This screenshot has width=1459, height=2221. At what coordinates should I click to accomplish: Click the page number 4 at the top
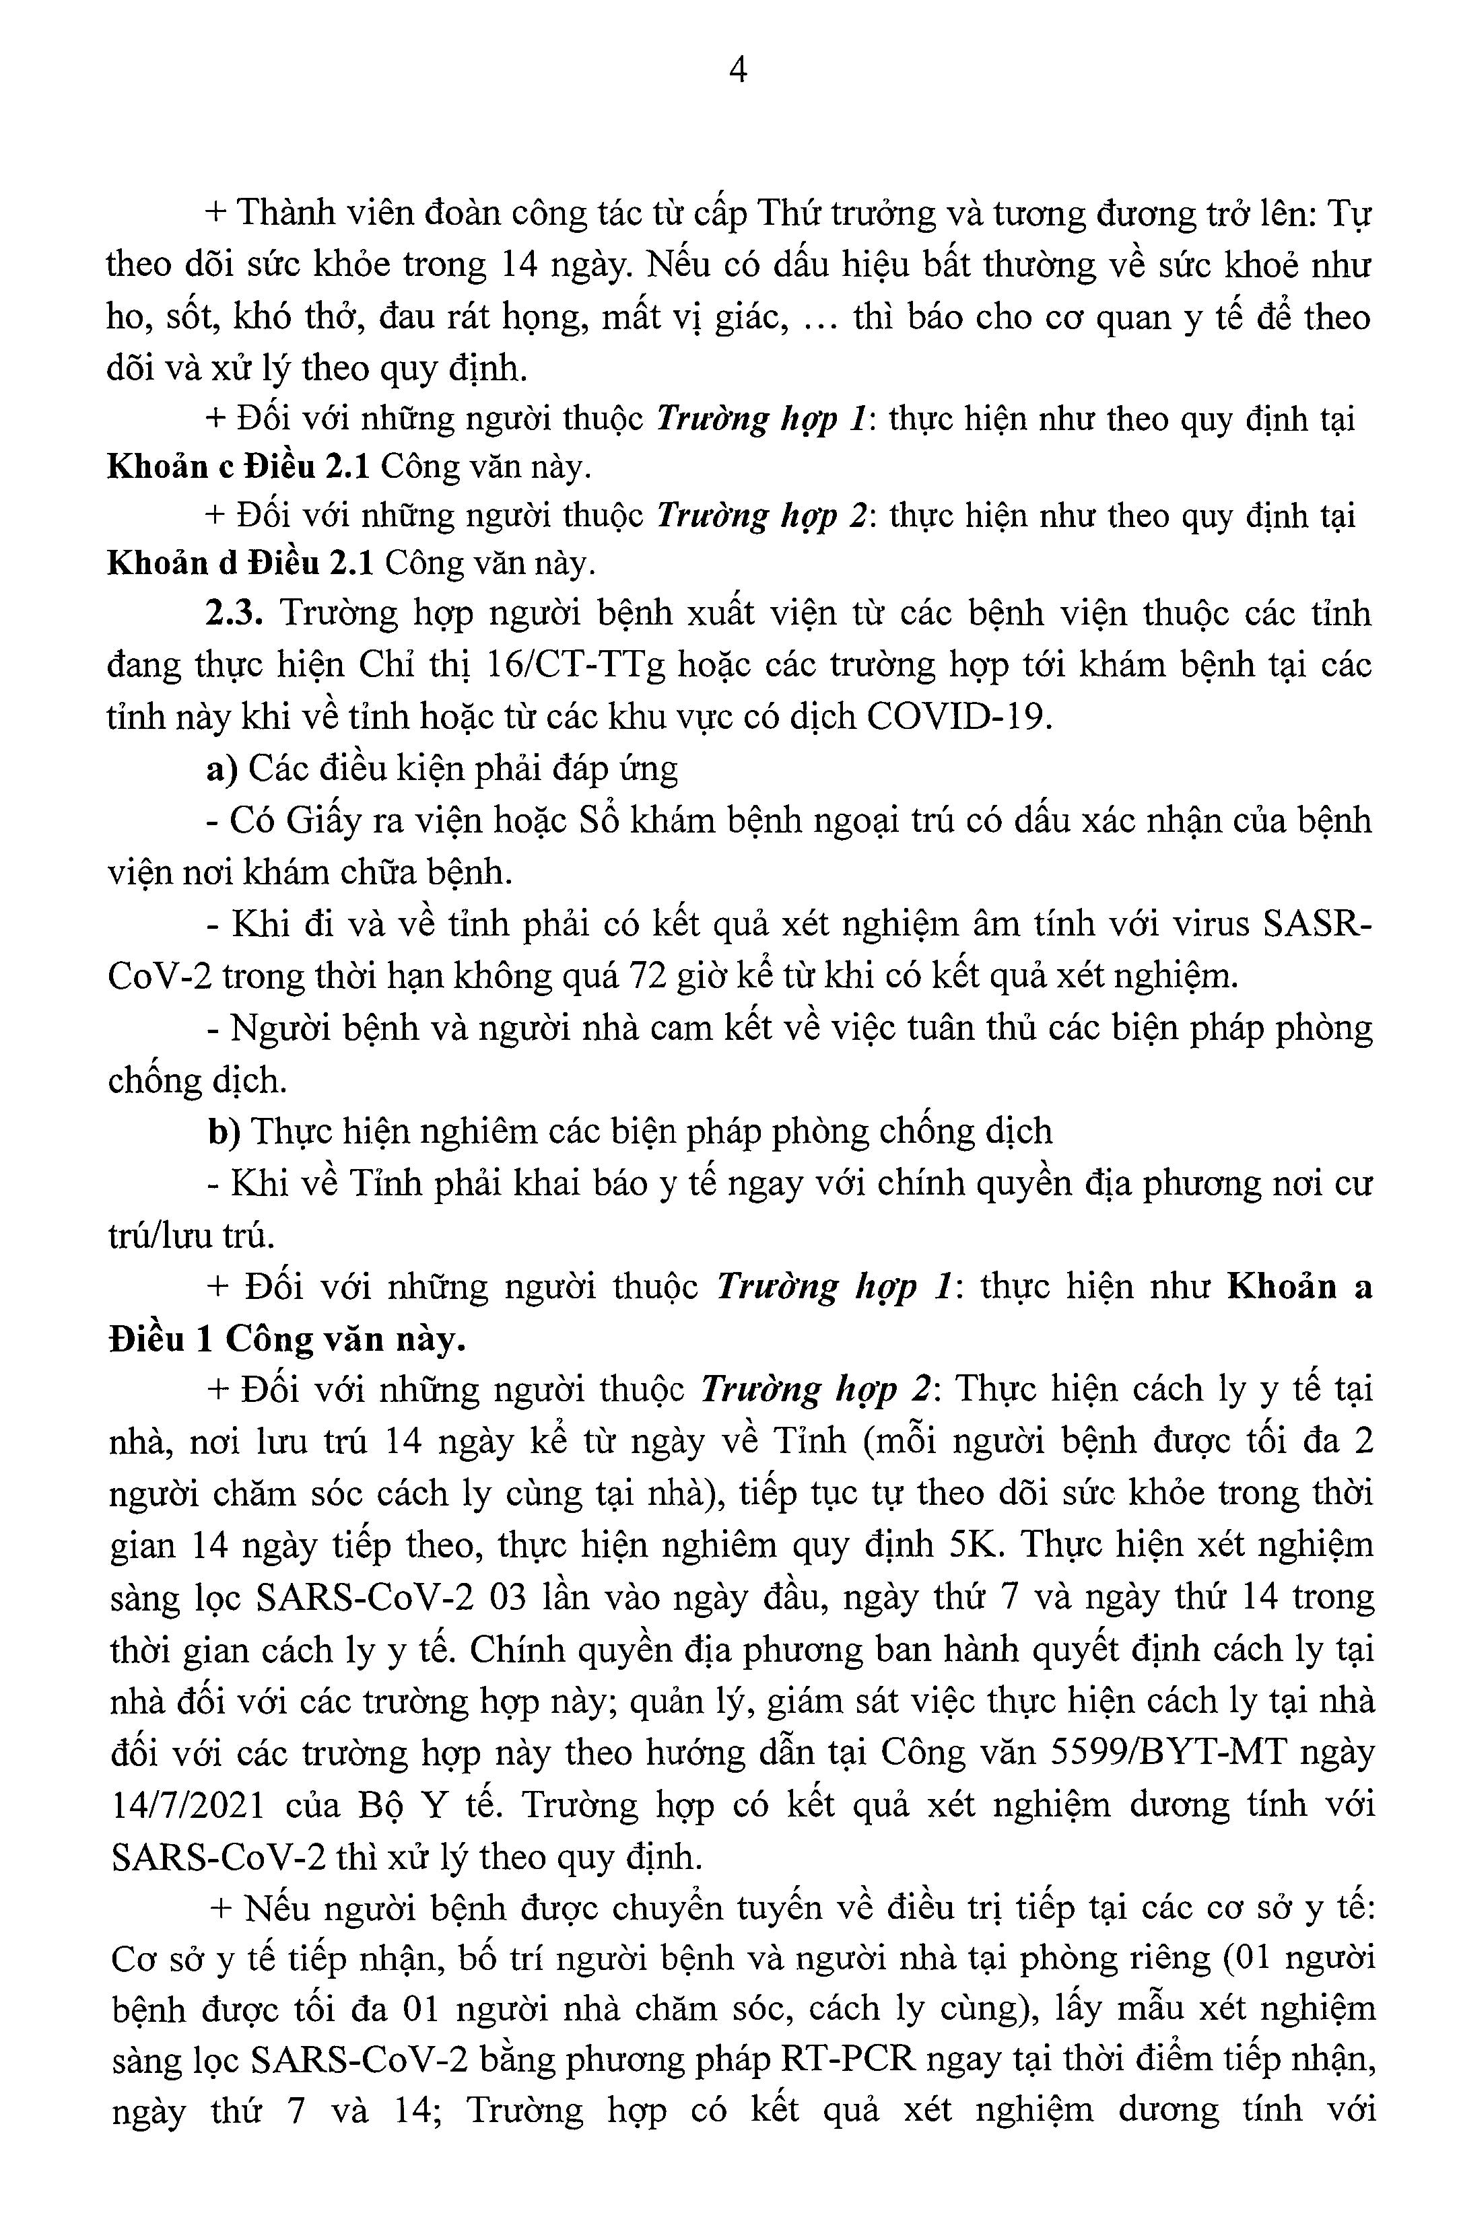click(737, 71)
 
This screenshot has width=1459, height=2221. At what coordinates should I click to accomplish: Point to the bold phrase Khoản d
click(172, 563)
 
